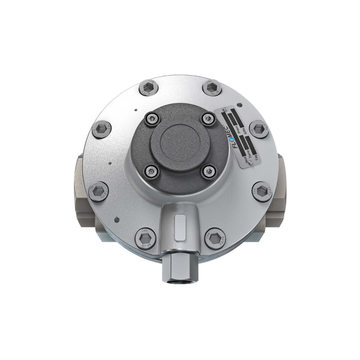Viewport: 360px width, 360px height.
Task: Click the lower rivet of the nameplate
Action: pyautogui.click(x=250, y=163)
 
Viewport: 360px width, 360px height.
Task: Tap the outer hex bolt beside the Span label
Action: pyautogui.click(x=259, y=129)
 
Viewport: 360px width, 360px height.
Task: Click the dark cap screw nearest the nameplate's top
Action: pyautogui.click(x=208, y=119)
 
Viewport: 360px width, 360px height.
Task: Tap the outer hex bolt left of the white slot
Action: pyautogui.click(x=145, y=238)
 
